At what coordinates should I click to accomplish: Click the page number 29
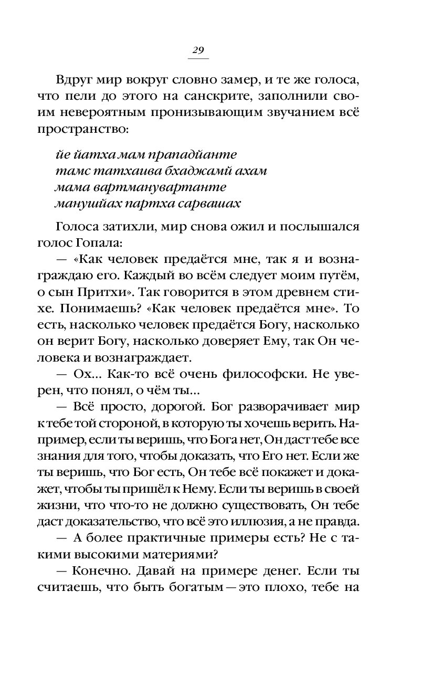(x=198, y=50)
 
